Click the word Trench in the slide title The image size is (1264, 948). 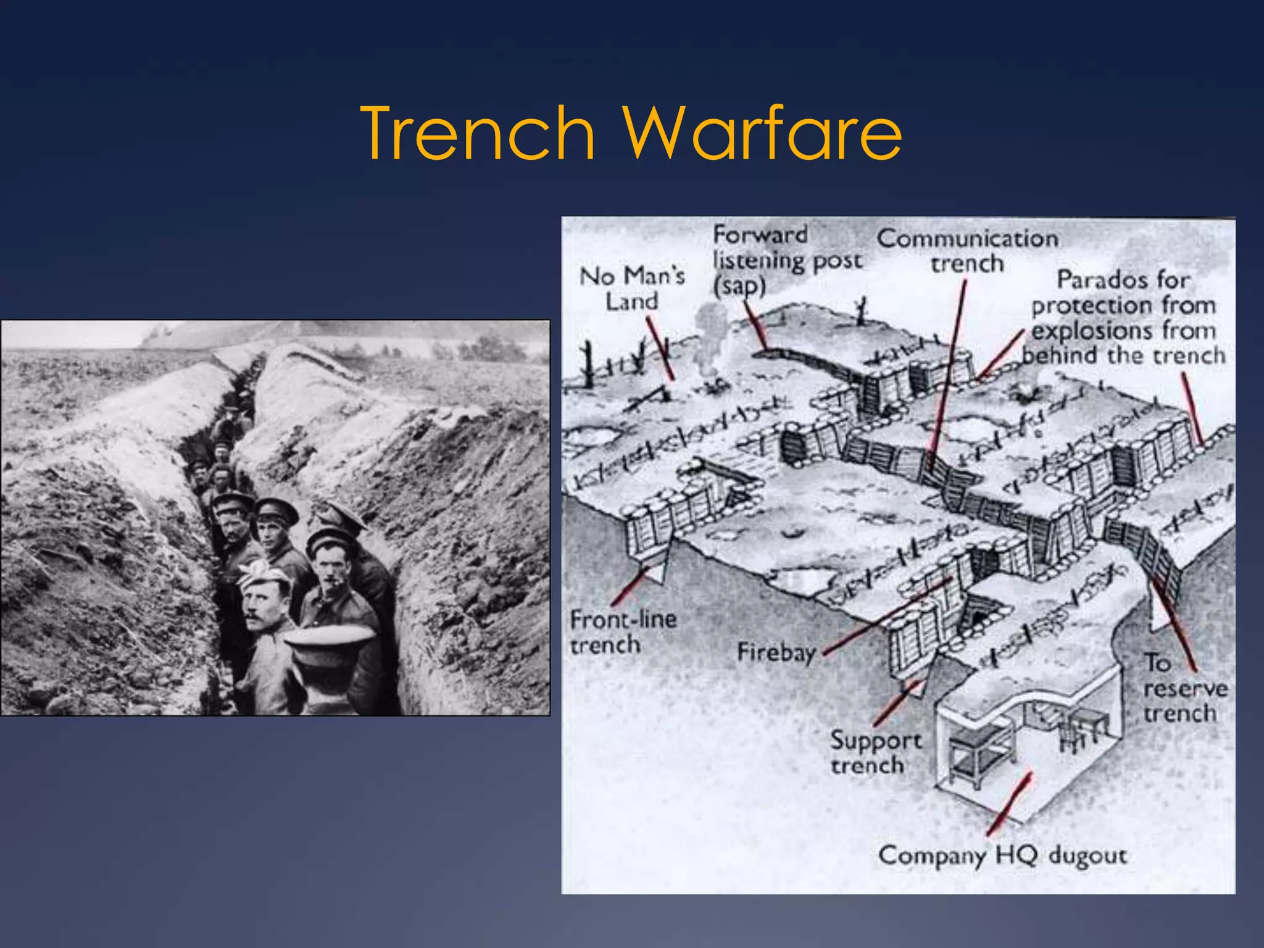pos(478,133)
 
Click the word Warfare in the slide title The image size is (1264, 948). pos(762,133)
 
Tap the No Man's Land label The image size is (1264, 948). pos(632,288)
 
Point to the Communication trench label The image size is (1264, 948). pos(967,251)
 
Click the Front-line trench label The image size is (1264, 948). pos(622,631)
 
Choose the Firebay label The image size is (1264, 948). pos(776,652)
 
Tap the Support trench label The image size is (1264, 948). pos(875,752)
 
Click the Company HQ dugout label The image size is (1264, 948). pos(1002,855)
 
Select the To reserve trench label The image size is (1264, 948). pos(1184,688)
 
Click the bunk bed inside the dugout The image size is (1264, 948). pos(978,754)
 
